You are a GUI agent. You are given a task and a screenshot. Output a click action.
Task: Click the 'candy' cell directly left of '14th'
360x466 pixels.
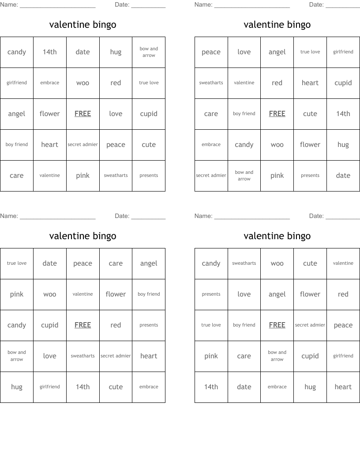coord(17,52)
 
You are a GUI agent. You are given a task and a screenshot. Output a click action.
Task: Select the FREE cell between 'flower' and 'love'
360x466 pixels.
coord(82,114)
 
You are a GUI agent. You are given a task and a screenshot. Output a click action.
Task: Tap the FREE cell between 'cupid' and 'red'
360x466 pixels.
coord(82,325)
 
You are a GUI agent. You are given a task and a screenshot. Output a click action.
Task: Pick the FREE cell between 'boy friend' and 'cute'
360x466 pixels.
coord(277,114)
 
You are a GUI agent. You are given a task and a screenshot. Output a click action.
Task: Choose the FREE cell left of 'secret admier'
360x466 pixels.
coord(277,325)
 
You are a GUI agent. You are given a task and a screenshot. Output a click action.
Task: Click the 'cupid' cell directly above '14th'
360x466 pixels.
coord(343,83)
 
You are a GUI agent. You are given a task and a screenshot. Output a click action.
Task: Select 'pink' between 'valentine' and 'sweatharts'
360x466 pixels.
coord(82,176)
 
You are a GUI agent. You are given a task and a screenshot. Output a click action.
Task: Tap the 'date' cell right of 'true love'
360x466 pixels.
coord(50,263)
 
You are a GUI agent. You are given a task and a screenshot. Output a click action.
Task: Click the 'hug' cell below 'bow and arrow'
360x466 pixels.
coord(17,387)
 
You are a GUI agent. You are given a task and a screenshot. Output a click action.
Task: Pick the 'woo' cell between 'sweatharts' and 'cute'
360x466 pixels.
coord(277,263)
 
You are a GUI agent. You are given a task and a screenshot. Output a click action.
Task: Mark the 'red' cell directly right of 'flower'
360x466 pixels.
coord(343,294)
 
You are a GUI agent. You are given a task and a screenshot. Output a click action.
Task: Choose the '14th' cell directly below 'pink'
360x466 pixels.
coord(211,387)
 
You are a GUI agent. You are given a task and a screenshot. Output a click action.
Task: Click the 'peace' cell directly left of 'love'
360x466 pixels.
coord(211,52)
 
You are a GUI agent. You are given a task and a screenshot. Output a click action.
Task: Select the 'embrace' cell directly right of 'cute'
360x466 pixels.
coord(149,387)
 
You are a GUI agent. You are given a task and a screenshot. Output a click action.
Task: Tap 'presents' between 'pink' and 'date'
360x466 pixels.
coord(310,176)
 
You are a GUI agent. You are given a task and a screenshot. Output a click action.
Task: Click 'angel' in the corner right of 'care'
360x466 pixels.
coord(149,263)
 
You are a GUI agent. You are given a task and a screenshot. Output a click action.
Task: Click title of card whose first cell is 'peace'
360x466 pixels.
coord(277,25)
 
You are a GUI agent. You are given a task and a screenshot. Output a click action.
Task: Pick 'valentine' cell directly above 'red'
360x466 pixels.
coord(343,263)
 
